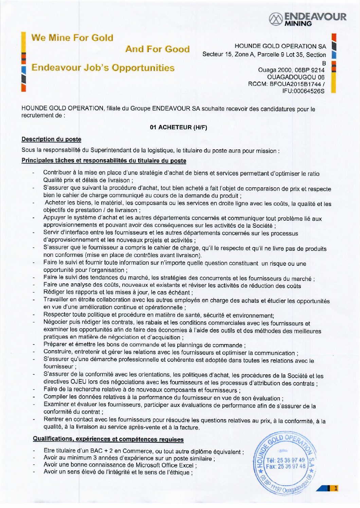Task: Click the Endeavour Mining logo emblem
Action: pyautogui.click(x=275, y=19)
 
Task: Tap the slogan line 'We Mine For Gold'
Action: pyautogui.click(x=72, y=38)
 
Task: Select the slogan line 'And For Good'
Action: pyautogui.click(x=157, y=49)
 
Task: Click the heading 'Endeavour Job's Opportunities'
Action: pyautogui.click(x=103, y=68)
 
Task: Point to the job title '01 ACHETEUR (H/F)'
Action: pyautogui.click(x=178, y=128)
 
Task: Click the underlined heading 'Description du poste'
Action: pyautogui.click(x=51, y=139)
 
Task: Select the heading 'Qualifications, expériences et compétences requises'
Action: pyautogui.click(x=108, y=439)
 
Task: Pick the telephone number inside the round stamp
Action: pyautogui.click(x=291, y=460)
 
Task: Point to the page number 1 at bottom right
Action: pyautogui.click(x=336, y=488)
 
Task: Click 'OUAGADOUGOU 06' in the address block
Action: pyautogui.click(x=295, y=77)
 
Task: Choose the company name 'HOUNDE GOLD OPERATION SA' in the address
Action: pyautogui.click(x=280, y=46)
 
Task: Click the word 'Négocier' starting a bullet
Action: pyautogui.click(x=55, y=322)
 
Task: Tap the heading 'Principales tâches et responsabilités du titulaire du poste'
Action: pyautogui.click(x=104, y=161)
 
